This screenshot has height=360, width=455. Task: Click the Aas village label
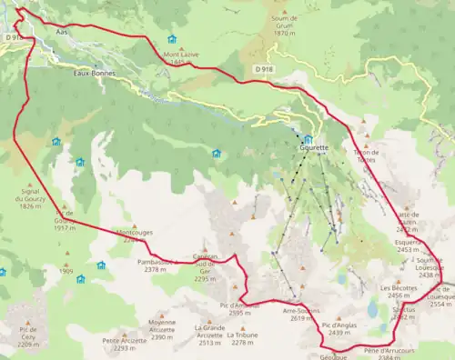(63, 30)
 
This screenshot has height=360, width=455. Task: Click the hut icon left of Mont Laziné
(172, 39)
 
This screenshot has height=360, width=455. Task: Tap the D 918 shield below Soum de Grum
(264, 69)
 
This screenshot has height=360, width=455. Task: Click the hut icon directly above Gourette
(308, 139)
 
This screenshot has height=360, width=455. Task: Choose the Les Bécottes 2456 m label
(397, 292)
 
